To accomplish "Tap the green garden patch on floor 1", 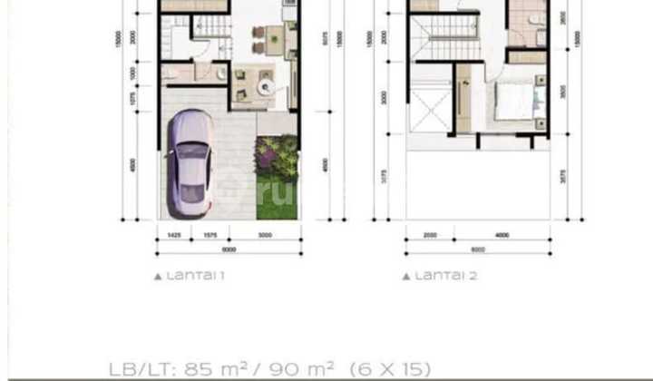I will point(277,177).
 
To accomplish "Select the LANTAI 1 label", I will point(190,275).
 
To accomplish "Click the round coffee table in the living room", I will point(266,86).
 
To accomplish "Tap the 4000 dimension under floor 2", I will point(501,236).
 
